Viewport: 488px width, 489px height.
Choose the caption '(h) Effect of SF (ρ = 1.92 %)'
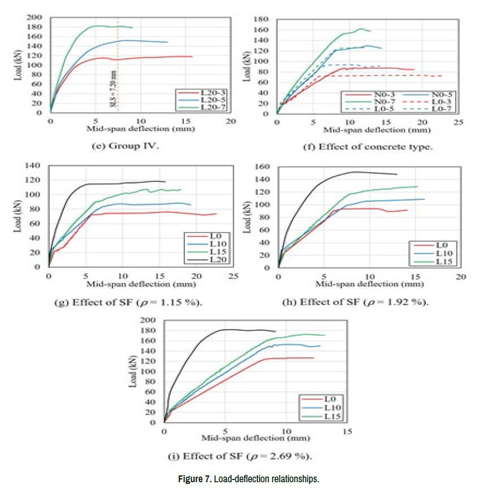[x=355, y=302]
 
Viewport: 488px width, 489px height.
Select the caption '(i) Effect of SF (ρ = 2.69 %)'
[x=243, y=456]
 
